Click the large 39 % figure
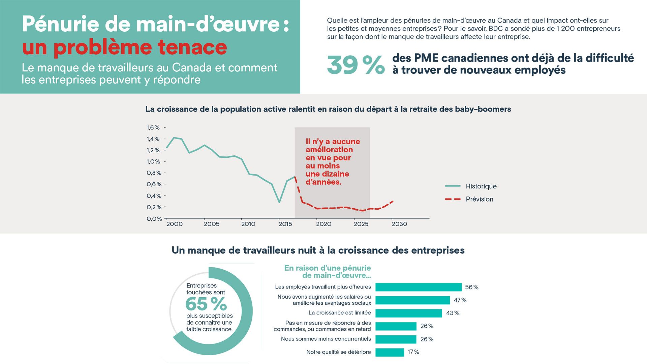coord(356,65)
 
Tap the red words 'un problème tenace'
coord(124,47)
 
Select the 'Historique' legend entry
coord(481,186)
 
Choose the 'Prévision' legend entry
coord(479,199)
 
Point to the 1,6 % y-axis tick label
coord(153,127)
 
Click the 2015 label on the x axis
coord(285,224)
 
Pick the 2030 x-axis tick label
coord(399,224)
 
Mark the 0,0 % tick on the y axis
coord(154,219)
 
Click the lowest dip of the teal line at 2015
coord(279,202)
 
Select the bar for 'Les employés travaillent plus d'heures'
coord(418,287)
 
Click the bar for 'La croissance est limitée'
coord(408,313)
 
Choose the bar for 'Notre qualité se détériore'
coord(390,352)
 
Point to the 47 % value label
coord(460,300)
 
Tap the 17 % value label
coord(413,352)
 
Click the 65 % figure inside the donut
coord(206,304)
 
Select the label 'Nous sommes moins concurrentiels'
coord(326,339)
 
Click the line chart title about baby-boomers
coord(328,109)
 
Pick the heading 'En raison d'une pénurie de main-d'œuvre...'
coord(328,272)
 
